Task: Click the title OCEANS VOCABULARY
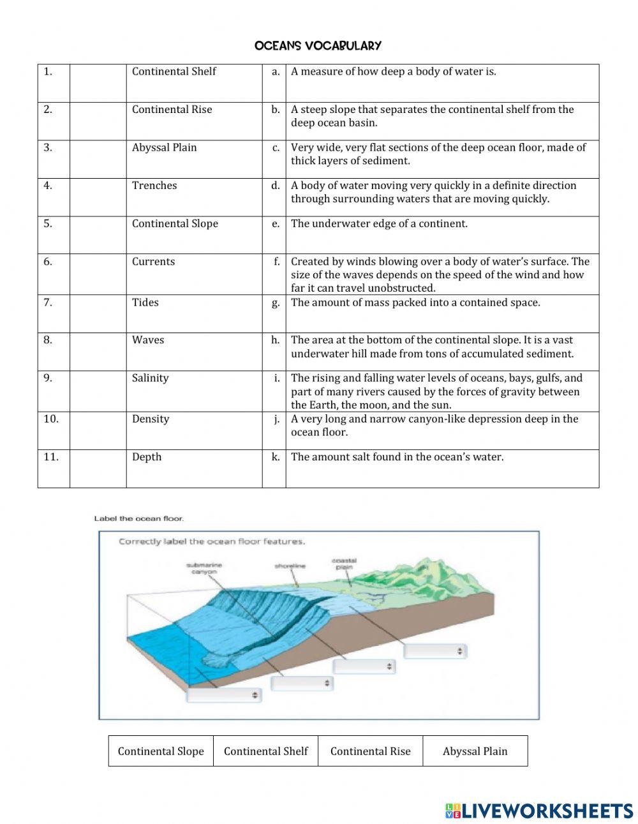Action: coord(318,45)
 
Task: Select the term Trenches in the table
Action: coord(154,186)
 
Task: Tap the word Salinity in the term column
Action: coord(150,378)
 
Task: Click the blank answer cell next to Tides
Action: coord(98,313)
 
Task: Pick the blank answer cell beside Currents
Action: coord(98,274)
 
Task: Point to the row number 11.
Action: coord(51,457)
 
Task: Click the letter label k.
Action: coord(275,457)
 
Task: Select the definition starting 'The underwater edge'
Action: coord(379,224)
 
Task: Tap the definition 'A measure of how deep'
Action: coord(393,71)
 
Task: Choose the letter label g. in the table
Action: coord(275,303)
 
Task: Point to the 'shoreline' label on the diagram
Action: coord(290,566)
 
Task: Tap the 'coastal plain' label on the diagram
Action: coord(344,564)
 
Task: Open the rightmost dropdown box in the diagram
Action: coord(435,651)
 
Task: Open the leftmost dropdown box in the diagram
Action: coord(224,694)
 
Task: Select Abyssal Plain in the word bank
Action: coord(475,751)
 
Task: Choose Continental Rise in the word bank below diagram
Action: coord(370,751)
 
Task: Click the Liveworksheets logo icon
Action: coord(453,811)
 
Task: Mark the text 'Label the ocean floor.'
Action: coord(138,518)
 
